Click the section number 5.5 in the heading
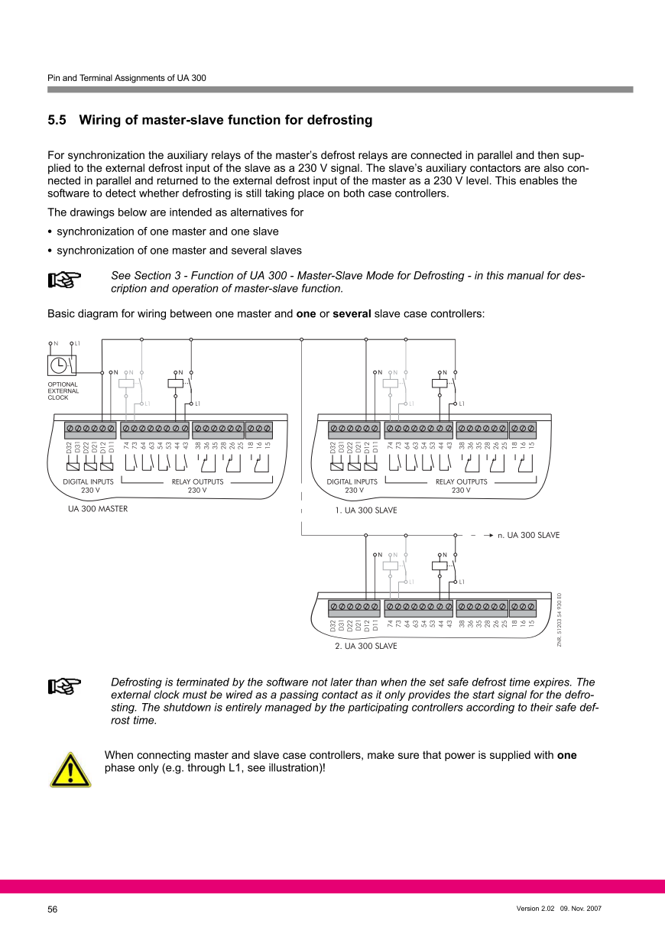point(57,120)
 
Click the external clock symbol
point(59,364)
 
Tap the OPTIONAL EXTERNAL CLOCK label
point(63,391)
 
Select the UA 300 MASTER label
point(98,508)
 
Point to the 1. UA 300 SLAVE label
point(365,510)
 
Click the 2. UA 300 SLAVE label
point(365,646)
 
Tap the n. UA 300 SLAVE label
point(529,535)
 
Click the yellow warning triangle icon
point(70,769)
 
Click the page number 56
point(53,909)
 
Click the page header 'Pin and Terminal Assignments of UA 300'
point(126,78)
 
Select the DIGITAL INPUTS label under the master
point(88,482)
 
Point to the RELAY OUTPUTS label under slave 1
point(461,482)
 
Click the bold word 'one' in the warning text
point(566,756)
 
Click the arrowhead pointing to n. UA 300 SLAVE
point(488,535)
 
